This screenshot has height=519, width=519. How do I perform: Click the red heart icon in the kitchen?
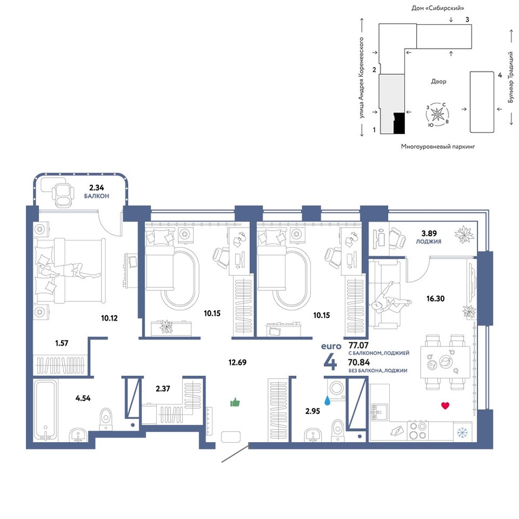click(445, 405)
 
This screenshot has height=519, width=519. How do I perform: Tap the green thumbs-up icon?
click(235, 402)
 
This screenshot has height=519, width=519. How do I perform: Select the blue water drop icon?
click(328, 401)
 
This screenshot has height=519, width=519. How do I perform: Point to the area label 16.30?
click(435, 298)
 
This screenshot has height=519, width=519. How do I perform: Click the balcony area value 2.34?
click(96, 188)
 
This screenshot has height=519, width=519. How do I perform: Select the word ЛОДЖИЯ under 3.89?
click(429, 242)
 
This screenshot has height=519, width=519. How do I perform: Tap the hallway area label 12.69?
click(237, 362)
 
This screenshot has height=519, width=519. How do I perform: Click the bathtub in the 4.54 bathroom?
click(45, 411)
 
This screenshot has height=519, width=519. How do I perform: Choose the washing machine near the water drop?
click(336, 388)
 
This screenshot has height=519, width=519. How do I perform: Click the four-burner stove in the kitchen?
click(418, 431)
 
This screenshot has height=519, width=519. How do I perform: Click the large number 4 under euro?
click(330, 362)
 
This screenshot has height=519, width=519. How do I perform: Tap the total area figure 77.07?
click(358, 345)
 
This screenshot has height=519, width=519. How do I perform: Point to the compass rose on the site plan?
click(437, 115)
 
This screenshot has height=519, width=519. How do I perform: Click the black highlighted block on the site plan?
click(399, 123)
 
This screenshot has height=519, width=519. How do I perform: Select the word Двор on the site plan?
click(438, 82)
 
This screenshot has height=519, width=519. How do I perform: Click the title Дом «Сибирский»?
click(437, 8)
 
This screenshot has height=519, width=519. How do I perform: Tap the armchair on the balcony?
click(63, 195)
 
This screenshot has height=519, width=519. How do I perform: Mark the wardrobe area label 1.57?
click(62, 343)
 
